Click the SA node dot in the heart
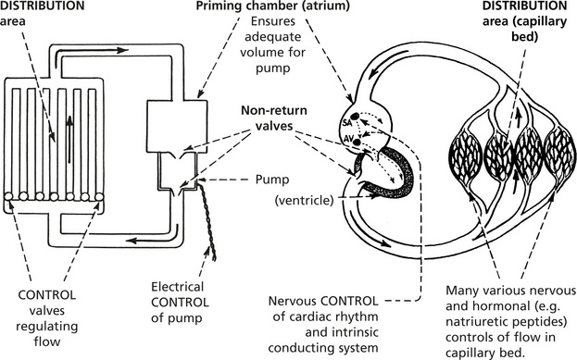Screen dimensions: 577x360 355,117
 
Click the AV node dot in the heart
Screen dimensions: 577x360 357,142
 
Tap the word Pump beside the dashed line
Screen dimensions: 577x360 272,180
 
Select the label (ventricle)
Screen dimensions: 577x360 304,201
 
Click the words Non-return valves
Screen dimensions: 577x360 274,118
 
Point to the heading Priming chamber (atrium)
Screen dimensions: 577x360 272,6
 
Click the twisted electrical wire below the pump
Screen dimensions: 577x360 207,222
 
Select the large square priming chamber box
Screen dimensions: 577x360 176,125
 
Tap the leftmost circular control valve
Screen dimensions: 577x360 8,197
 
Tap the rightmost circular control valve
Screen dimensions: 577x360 98,197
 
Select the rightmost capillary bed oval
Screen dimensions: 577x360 560,155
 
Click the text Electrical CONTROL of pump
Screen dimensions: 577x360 180,302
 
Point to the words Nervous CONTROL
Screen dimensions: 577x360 323,301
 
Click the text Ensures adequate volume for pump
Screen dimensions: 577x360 272,44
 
